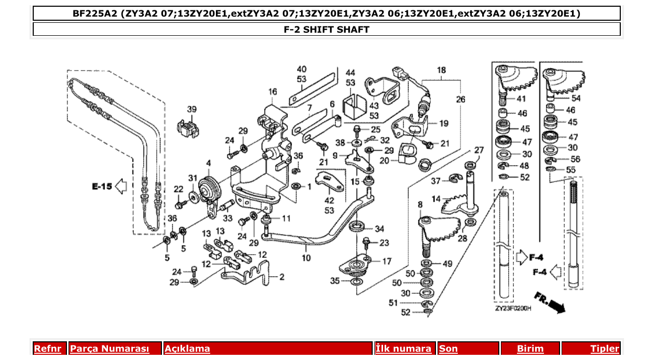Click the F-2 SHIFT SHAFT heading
(326, 30)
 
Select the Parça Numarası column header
(110, 349)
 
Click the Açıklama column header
(187, 349)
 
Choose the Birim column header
(530, 349)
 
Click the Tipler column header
(604, 349)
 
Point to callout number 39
(192, 109)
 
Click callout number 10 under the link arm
(306, 258)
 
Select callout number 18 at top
(441, 70)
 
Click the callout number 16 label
(273, 92)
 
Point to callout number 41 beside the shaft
(521, 99)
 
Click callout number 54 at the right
(576, 98)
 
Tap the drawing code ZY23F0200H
(513, 308)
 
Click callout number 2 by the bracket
(282, 277)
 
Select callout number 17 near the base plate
(387, 261)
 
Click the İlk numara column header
(403, 349)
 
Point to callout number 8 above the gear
(420, 205)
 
